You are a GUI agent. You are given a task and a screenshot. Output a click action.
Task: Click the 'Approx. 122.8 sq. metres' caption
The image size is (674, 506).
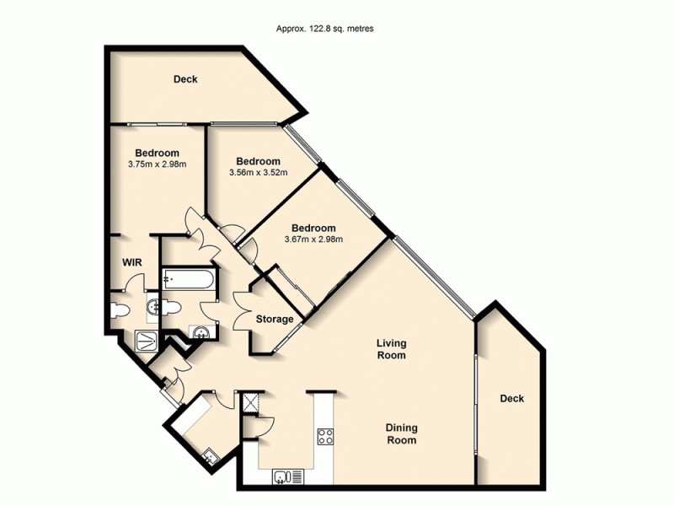tap(325, 28)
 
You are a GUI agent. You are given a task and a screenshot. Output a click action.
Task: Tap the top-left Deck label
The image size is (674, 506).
tap(185, 80)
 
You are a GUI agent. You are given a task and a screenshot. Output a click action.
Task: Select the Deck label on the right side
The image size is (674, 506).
tap(511, 399)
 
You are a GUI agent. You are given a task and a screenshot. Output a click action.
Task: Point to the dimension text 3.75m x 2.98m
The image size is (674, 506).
tap(157, 164)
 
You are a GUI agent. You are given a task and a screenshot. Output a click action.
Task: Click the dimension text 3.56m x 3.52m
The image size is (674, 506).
tap(258, 173)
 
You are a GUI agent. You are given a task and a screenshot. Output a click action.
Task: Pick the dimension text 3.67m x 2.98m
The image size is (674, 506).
tap(313, 240)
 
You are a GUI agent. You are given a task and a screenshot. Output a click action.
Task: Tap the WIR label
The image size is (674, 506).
tap(132, 263)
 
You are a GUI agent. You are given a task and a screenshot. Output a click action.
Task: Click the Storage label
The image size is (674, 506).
tap(275, 320)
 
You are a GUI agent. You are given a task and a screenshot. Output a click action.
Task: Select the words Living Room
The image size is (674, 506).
tap(391, 349)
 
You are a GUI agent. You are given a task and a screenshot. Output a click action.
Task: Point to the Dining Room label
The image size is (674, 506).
tap(401, 433)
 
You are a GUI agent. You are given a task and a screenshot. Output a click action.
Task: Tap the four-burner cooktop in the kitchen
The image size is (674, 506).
tap(324, 436)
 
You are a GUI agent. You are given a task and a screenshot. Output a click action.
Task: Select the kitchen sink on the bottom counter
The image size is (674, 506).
tap(287, 477)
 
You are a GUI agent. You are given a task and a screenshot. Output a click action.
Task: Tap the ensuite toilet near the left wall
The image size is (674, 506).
tap(119, 310)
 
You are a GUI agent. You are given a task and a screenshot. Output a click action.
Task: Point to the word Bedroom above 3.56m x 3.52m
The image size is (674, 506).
tap(258, 161)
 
